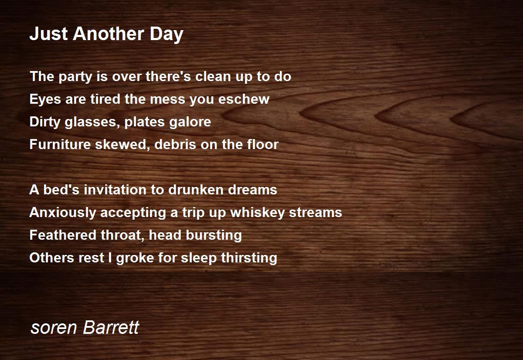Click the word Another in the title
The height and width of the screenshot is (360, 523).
[108, 34]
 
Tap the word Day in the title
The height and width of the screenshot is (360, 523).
[166, 34]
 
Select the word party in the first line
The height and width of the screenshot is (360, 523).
[75, 77]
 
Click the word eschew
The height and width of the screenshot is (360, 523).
[244, 99]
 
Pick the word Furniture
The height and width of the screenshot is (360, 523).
[60, 144]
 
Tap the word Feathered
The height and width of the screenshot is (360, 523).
[63, 234]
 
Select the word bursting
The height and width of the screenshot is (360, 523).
[214, 235]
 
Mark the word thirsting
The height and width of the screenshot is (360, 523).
[249, 258]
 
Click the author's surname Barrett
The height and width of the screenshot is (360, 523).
[111, 327]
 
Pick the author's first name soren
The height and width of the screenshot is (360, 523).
[54, 328]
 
